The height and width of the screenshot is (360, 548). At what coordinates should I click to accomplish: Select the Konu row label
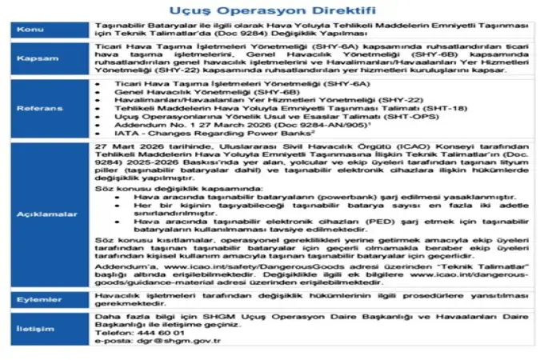35,32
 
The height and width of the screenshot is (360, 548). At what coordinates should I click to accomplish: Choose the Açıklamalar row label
35,214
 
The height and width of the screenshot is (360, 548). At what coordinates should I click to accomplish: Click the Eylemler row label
35,298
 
